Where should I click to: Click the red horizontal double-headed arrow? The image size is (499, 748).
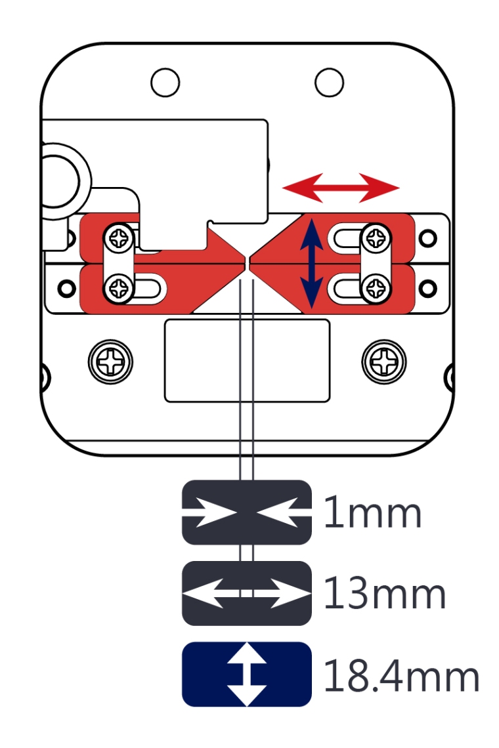point(341,188)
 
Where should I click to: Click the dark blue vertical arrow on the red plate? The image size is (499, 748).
point(311,264)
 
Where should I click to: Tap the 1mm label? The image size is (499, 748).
point(372,514)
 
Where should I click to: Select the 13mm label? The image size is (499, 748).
point(385,594)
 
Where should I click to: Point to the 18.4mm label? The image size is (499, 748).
point(401,676)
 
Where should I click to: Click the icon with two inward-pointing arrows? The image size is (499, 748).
point(246,512)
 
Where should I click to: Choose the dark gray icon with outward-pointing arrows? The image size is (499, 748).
point(246,593)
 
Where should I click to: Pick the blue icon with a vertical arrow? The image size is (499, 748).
point(246,675)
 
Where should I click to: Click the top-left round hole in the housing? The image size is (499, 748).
point(164,82)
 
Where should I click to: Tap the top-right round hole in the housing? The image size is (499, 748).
point(329,82)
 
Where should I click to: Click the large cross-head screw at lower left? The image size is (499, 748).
point(110,360)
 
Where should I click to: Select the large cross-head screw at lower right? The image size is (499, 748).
point(383,360)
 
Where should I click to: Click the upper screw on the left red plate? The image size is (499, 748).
point(120,236)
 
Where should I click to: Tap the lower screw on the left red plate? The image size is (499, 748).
point(120,286)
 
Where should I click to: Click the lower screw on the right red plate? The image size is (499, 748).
point(376,286)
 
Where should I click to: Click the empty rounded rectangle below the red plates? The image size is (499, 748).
point(247,360)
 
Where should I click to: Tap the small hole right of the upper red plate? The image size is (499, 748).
point(428,236)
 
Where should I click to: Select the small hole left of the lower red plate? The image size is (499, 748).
point(64,287)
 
